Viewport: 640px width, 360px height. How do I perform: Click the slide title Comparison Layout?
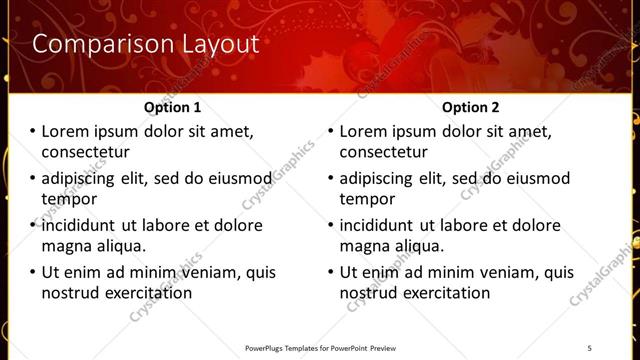coord(146,44)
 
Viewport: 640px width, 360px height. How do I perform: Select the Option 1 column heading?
coord(173,107)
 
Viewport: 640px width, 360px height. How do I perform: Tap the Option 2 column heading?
coord(472,107)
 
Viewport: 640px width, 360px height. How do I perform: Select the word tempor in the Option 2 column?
coord(368,198)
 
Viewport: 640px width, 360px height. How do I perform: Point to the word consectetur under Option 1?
coord(85,152)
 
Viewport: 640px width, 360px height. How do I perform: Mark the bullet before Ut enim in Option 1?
coord(31,272)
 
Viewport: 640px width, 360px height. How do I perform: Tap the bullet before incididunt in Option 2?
coord(330,225)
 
